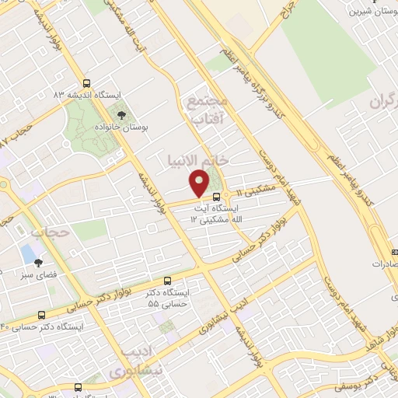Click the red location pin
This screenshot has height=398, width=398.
[x=200, y=183]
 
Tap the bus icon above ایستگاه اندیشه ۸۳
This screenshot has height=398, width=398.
[x=86, y=83]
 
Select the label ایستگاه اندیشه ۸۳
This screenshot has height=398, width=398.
[x=87, y=94]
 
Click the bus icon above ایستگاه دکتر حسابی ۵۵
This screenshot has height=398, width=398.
[x=168, y=281]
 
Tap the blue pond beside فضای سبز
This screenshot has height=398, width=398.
[x=28, y=253]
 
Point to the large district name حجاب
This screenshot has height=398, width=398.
[x=50, y=232]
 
